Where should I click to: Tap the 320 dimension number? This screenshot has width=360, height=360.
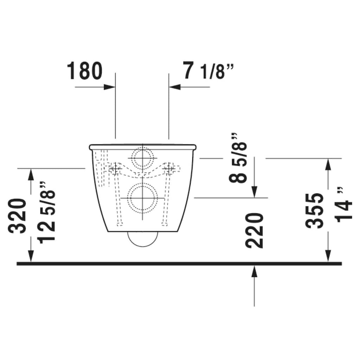(18, 216)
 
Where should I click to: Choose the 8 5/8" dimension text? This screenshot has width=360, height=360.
(238, 158)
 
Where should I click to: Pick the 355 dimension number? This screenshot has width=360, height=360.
(314, 211)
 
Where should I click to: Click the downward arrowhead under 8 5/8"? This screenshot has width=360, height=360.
(254, 192)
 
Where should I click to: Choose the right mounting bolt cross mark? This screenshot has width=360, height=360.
(170, 169)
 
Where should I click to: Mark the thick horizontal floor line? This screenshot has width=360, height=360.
(179, 263)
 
